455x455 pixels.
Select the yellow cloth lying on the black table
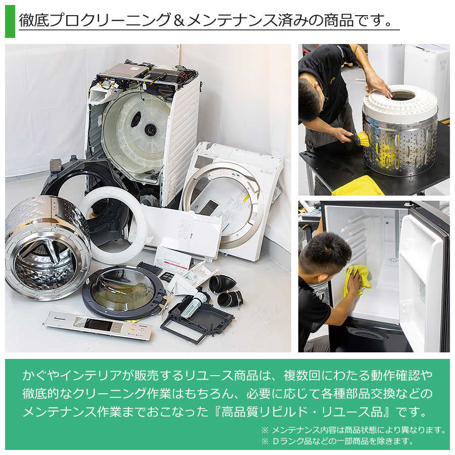pyautogui.click(x=357, y=187)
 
